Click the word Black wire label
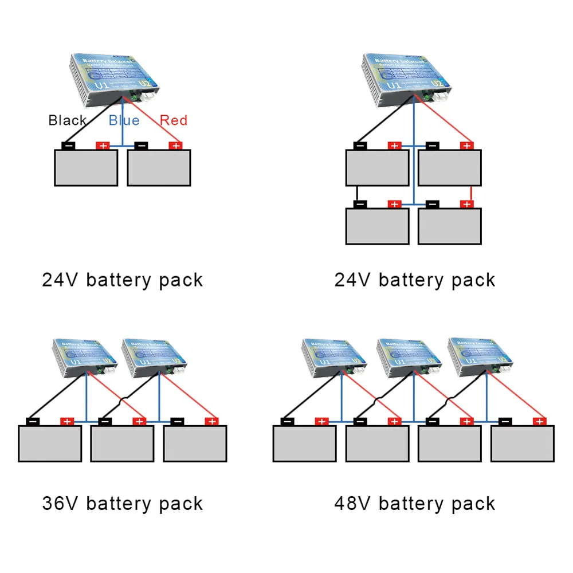(68, 120)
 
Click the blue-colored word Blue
(124, 120)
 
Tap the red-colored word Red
(173, 120)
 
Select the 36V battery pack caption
(123, 504)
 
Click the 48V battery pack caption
(415, 504)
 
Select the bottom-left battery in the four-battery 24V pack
(378, 226)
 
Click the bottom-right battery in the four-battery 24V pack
(450, 226)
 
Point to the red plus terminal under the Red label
(175, 146)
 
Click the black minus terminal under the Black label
(68, 146)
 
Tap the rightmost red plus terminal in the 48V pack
(538, 422)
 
